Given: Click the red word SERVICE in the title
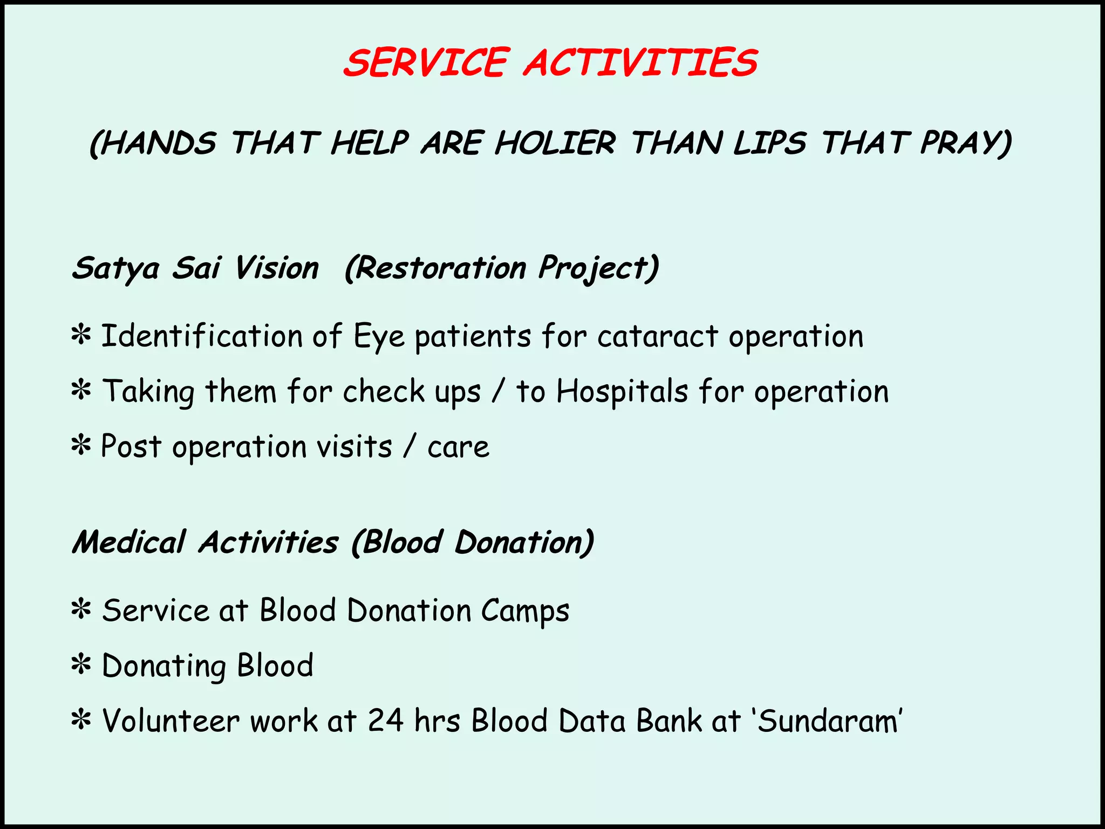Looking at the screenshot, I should [426, 63].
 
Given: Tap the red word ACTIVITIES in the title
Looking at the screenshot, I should [641, 63].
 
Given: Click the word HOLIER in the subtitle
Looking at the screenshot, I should [555, 144].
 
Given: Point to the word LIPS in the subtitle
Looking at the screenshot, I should [769, 144].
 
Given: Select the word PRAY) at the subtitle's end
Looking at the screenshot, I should [966, 144].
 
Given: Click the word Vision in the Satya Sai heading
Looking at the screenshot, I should [277, 268].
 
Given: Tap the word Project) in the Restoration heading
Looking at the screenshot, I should [598, 268].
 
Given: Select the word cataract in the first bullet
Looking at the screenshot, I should [657, 336].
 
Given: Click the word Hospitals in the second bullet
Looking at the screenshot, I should [622, 391].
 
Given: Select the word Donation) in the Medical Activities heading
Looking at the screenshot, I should [524, 542].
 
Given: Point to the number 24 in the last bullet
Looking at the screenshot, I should [386, 721].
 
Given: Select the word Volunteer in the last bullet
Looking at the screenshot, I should [171, 721].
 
